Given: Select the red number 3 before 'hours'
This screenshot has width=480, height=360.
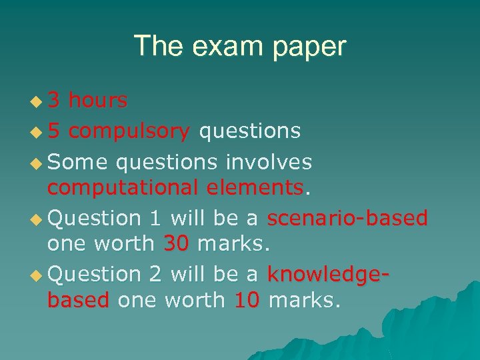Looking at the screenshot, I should click(x=55, y=101).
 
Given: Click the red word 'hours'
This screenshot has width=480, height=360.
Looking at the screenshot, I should click(x=98, y=101).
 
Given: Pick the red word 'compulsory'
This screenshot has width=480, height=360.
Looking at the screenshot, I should click(x=129, y=131).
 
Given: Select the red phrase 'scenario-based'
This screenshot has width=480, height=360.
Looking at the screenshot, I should click(x=347, y=218).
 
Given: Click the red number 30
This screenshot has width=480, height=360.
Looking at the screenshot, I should click(x=176, y=244).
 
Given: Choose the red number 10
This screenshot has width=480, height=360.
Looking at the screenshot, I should click(x=247, y=301).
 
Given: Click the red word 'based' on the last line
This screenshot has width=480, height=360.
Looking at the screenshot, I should click(x=78, y=301).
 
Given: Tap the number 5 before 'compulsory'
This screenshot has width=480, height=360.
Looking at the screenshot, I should click(x=55, y=131).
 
